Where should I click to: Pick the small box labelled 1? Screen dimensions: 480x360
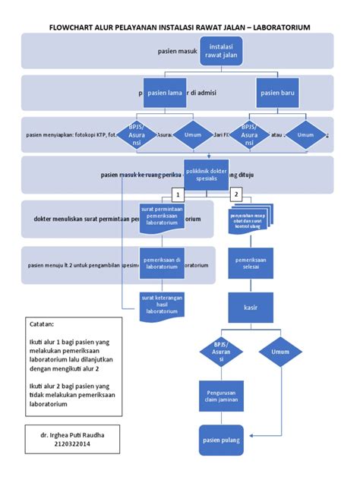pos(176,194)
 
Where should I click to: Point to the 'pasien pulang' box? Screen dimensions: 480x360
pos(221,440)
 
